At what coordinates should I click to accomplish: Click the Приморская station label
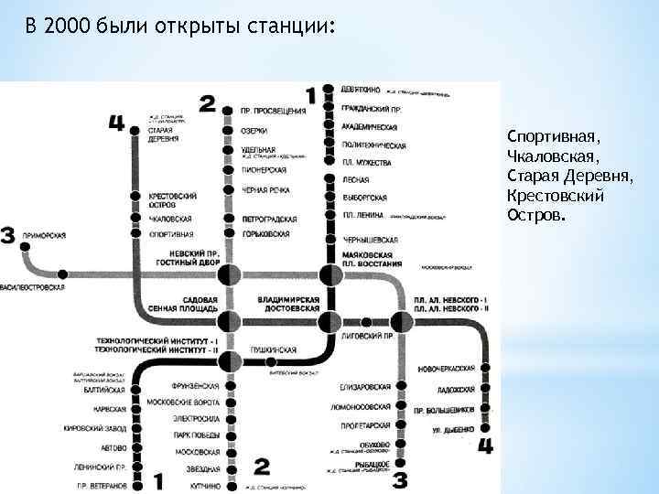pos(43,236)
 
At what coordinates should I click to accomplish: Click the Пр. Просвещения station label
pos(273,111)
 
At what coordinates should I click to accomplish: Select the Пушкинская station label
pos(273,350)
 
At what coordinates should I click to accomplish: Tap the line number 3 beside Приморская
pos(8,236)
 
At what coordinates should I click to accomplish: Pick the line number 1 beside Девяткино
pos(311,94)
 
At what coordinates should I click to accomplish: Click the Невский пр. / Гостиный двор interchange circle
pos(229,273)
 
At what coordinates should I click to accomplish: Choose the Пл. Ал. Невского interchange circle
pos(401,320)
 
